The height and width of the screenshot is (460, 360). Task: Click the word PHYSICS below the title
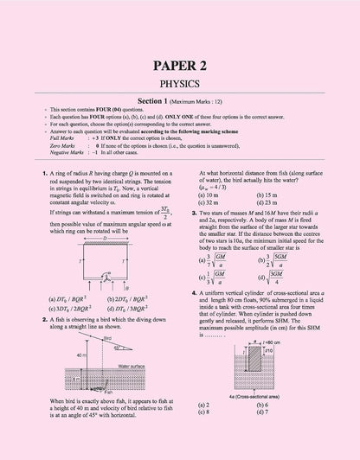coord(180,86)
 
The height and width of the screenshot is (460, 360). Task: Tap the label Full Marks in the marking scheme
coord(63,137)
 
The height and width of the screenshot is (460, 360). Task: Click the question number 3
coord(200,211)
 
